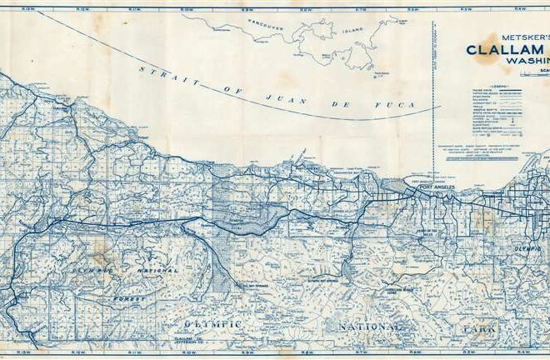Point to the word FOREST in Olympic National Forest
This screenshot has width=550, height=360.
coord(131,297)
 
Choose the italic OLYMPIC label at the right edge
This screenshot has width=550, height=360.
coord(527,247)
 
